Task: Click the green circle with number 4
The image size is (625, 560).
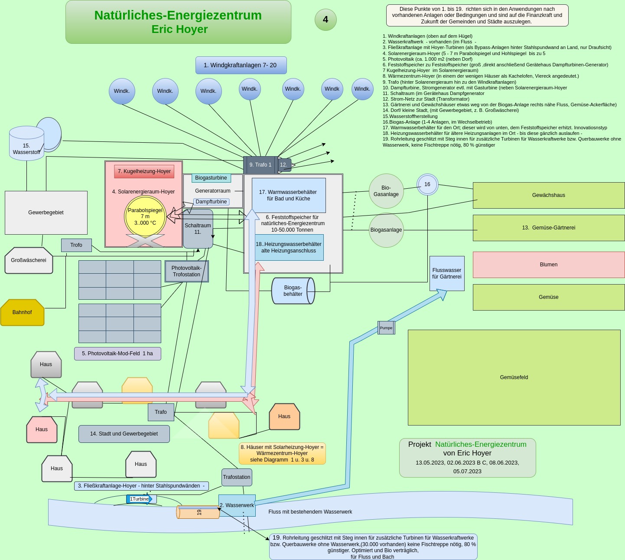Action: coord(326,20)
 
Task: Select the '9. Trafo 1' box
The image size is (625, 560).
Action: coord(260,165)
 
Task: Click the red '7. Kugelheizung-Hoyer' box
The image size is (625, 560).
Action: coord(144,171)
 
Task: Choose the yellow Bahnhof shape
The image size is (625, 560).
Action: coord(22,312)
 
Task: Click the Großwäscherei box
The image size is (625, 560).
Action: coord(29,260)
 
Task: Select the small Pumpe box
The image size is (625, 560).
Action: coord(386,328)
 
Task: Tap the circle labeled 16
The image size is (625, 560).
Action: coord(427,184)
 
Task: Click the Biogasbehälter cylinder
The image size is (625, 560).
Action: coord(293,291)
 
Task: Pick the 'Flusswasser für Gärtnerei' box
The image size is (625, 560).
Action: coord(447,273)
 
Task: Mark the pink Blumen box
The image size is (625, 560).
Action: coord(548,265)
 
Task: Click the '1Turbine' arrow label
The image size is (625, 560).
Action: coord(140,499)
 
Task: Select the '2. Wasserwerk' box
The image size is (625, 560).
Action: coord(237,505)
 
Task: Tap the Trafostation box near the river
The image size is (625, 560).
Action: coord(237,477)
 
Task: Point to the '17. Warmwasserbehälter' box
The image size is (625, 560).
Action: coord(288,195)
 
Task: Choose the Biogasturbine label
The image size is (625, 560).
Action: coord(211,178)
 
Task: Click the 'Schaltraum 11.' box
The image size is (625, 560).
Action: coord(198,229)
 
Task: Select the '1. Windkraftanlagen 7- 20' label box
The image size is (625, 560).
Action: coord(241,65)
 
